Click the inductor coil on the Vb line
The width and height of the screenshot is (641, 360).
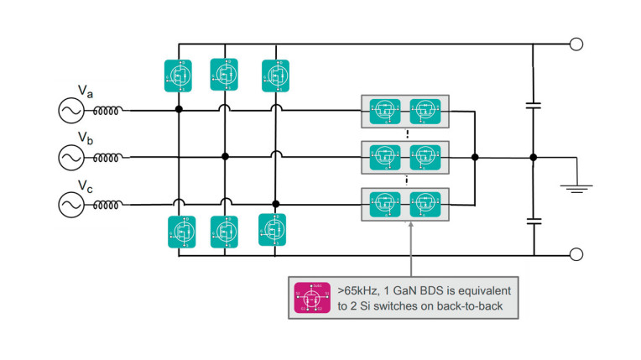tap(107, 156)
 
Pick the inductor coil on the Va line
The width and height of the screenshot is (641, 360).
tap(107, 110)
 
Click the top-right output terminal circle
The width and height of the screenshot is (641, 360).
tap(575, 44)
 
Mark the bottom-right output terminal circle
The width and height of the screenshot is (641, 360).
tap(575, 254)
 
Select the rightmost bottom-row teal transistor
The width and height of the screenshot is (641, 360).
tap(274, 227)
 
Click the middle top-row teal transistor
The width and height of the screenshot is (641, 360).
tap(225, 74)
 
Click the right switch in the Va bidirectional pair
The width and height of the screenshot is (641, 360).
tap(425, 110)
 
